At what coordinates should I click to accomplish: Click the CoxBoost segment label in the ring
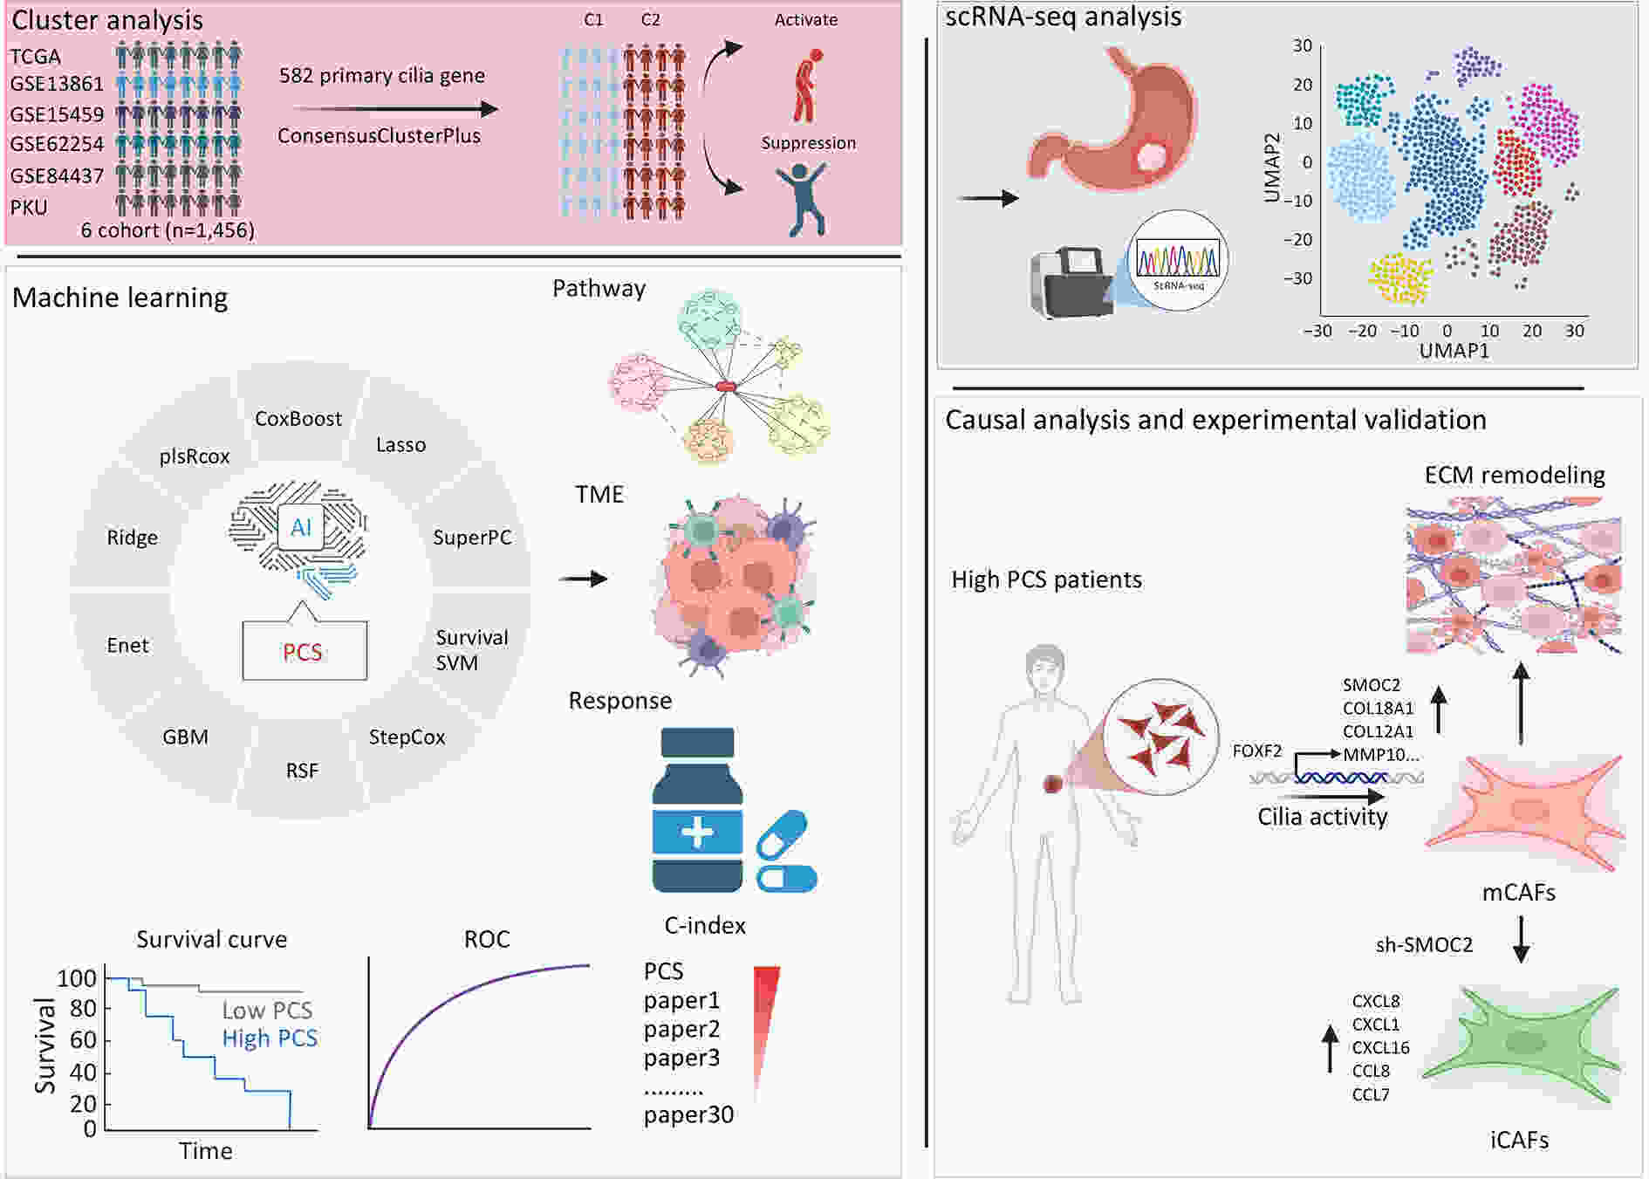[298, 419]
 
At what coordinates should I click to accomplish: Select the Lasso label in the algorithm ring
[400, 445]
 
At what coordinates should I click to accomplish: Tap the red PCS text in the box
[303, 652]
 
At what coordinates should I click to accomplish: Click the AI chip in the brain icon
[301, 527]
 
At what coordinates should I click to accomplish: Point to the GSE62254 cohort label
[57, 144]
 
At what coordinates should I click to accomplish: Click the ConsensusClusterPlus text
[379, 136]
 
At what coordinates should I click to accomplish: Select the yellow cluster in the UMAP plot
[1401, 278]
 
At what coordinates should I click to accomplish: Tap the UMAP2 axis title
[1272, 168]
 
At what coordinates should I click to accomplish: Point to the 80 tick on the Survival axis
[83, 1009]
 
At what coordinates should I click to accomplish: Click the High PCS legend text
[270, 1038]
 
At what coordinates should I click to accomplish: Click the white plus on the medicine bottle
[697, 832]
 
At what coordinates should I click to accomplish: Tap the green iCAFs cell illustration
[1522, 1044]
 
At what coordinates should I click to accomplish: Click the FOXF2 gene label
[1257, 751]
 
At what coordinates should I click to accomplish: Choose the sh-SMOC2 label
[1424, 945]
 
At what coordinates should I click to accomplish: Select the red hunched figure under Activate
[807, 85]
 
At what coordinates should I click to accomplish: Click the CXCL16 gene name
[1381, 1047]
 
